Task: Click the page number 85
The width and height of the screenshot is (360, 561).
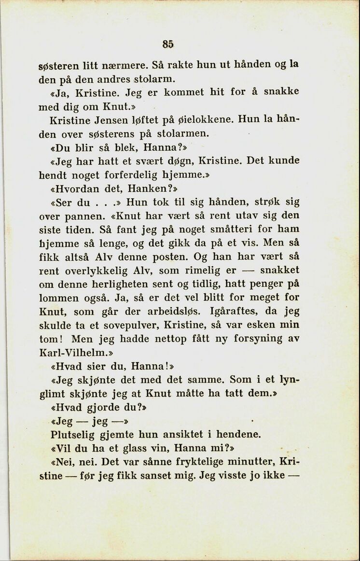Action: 167,44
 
